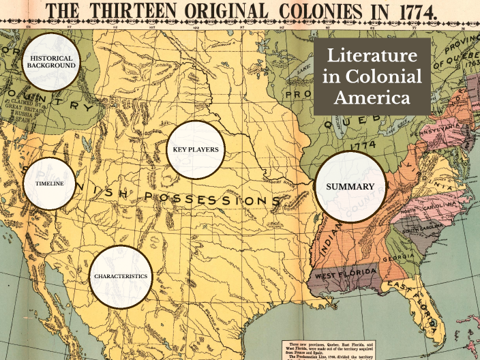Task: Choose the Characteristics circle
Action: (121, 277)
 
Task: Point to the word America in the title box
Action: (372, 97)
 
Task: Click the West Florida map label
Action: (344, 273)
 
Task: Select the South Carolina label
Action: (423, 230)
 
